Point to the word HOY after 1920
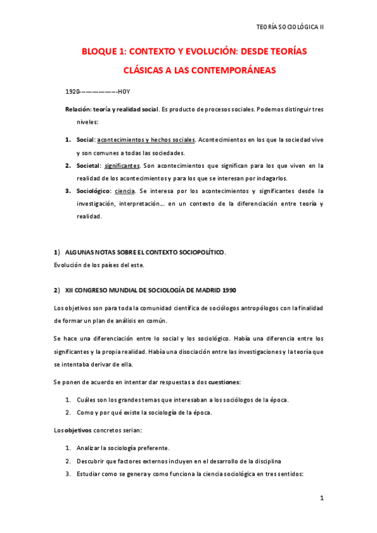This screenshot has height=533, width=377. (124, 92)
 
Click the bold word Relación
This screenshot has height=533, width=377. (78, 109)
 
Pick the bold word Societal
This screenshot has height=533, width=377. (88, 166)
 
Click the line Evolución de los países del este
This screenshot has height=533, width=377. (99, 265)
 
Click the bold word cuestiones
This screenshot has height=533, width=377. (225, 382)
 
